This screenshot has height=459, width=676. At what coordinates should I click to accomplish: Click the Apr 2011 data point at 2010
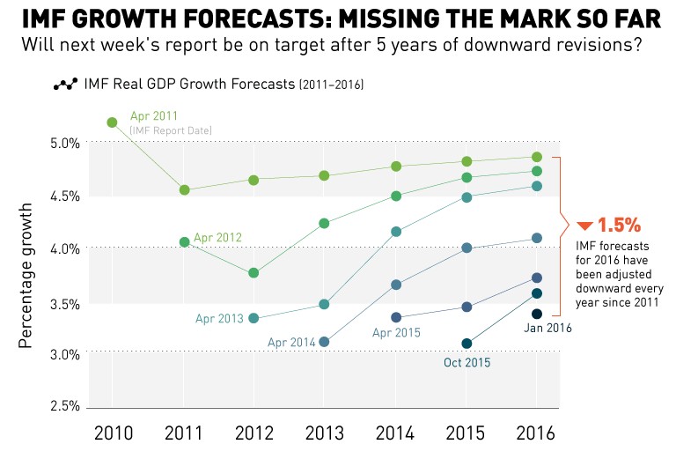[x=112, y=122]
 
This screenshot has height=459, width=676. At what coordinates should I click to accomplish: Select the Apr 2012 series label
[x=217, y=237]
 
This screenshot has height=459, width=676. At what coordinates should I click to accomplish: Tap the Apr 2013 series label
[x=217, y=317]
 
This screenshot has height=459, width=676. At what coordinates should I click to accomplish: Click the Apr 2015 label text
[x=396, y=333]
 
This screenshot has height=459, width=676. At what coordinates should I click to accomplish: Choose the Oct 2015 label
[x=467, y=361]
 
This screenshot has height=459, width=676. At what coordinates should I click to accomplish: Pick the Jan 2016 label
[x=548, y=328]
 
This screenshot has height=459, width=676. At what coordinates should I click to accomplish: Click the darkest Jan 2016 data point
[x=536, y=314]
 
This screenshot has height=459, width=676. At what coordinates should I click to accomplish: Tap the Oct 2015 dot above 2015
[x=467, y=344]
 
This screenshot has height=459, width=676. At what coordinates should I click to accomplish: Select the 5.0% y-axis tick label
[x=65, y=143]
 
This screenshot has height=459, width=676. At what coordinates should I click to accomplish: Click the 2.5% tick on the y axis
[x=65, y=407]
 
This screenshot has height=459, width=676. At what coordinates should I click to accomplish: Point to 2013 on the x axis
[x=324, y=434]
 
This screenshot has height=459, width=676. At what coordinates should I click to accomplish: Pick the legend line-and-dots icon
[x=66, y=85]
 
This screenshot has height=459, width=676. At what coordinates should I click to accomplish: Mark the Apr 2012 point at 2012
[x=253, y=273]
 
